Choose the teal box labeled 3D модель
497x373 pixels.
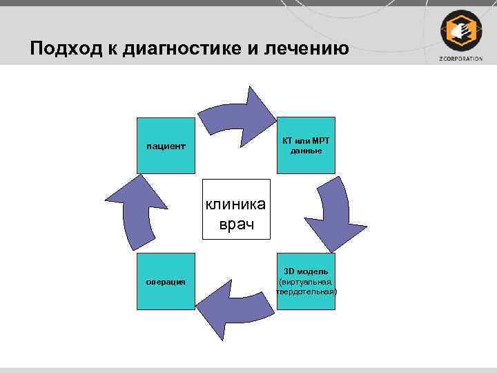tap(306, 281)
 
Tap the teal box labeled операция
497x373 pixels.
tap(166, 281)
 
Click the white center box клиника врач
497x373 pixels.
tap(237, 210)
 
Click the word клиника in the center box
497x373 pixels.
tap(237, 203)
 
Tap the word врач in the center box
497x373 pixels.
tap(237, 224)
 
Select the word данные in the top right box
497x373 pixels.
tap(306, 151)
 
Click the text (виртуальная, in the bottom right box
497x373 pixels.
tap(306, 282)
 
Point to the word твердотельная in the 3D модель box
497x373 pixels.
tap(306, 291)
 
